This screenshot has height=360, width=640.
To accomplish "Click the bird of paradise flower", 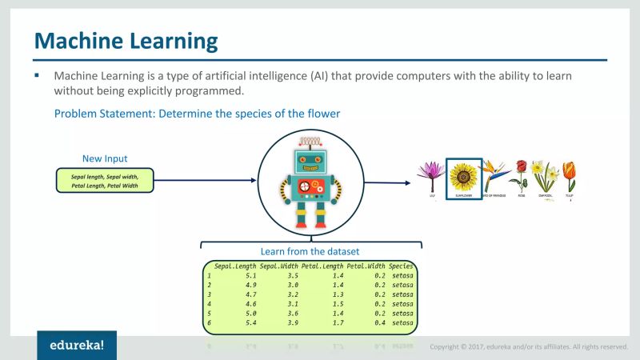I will (x=492, y=174).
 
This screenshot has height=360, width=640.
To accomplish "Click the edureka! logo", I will (x=76, y=346).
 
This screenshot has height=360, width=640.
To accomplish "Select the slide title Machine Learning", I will (x=126, y=40).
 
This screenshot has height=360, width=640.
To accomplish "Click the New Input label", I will (x=105, y=158).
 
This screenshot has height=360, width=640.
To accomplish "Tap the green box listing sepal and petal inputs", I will (x=105, y=180).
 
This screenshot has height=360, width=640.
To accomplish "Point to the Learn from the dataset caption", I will (x=310, y=251).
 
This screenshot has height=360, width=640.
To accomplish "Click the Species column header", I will (x=401, y=266).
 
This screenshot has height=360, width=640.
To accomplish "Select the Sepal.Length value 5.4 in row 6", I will (x=250, y=322).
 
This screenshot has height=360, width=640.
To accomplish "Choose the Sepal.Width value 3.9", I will (x=293, y=322).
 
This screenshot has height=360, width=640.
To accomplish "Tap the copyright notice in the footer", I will (x=528, y=346).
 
